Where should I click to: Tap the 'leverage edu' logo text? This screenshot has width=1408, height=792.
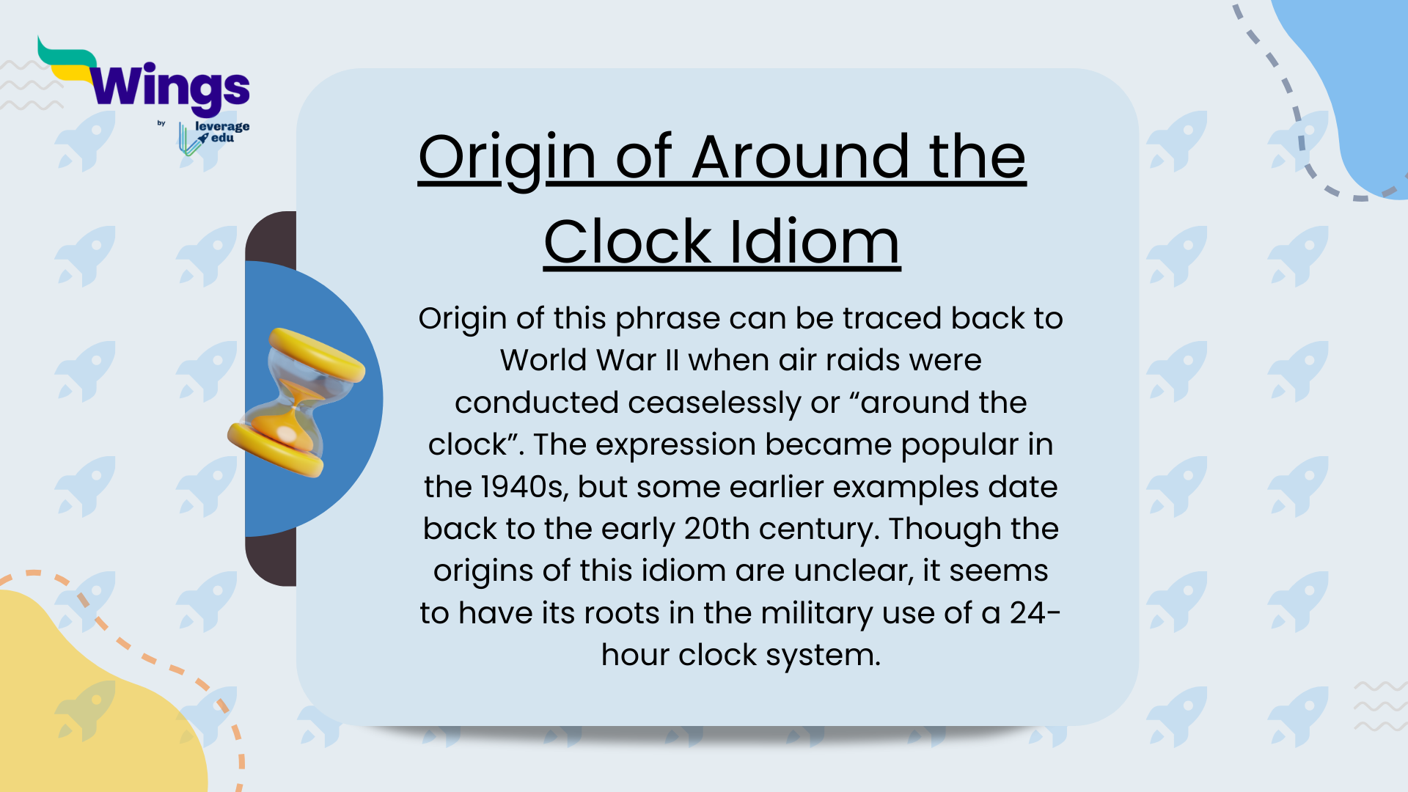point(221,132)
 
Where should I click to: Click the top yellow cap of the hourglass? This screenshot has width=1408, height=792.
point(317,353)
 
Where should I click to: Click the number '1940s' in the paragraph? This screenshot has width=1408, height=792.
point(524,487)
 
